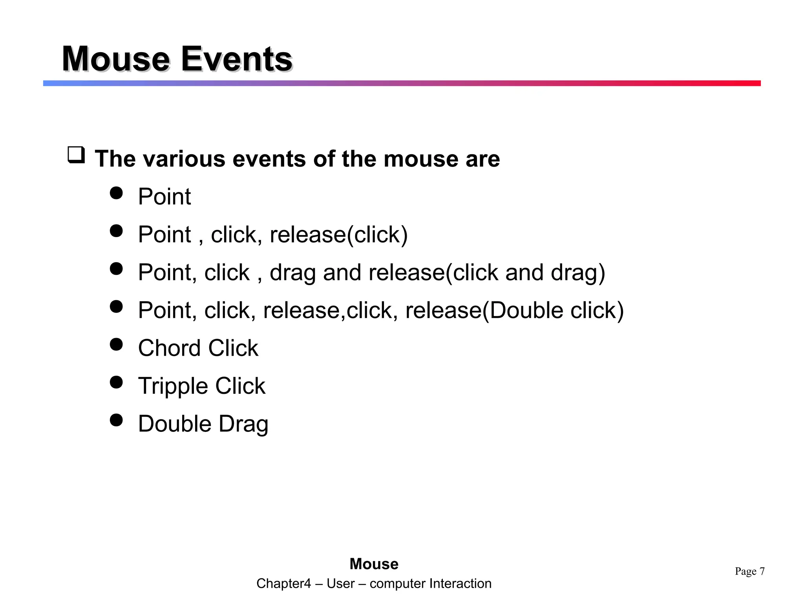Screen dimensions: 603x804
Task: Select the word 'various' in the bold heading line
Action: pyautogui.click(x=184, y=159)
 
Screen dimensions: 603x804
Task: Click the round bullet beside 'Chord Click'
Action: pyautogui.click(x=116, y=344)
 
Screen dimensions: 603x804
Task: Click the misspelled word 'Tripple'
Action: pyautogui.click(x=173, y=386)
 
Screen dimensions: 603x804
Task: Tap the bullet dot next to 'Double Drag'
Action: pyautogui.click(x=116, y=420)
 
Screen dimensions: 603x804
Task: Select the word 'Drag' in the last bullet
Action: pyautogui.click(x=243, y=424)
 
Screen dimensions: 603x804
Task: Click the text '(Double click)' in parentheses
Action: pyautogui.click(x=553, y=310)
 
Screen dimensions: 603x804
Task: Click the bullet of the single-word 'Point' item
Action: pyautogui.click(x=116, y=193)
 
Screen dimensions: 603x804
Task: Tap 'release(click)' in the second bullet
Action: pyautogui.click(x=338, y=235)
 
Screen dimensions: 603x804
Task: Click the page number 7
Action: pyautogui.click(x=762, y=571)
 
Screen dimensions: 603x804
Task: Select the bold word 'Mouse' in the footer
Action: pyautogui.click(x=374, y=564)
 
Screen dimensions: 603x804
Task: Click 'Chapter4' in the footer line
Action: pyautogui.click(x=283, y=584)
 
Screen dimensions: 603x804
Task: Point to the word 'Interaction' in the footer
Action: pyautogui.click(x=460, y=584)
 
